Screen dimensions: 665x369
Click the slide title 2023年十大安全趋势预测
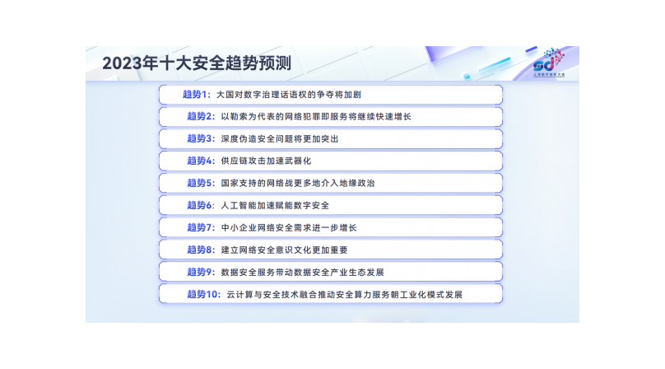[x=197, y=63]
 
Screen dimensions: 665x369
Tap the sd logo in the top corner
[x=549, y=62]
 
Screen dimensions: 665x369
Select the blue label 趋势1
[x=197, y=94]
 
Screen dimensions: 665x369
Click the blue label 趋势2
[x=201, y=116]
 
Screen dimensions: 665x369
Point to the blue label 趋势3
[x=201, y=138]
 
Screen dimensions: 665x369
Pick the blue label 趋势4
[x=201, y=161]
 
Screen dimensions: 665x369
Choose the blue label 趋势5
[x=201, y=183]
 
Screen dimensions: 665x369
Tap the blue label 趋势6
[x=201, y=205]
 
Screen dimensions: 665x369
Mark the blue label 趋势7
[x=201, y=227]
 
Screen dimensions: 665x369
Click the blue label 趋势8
[x=201, y=250]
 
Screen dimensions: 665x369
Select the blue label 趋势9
[x=201, y=272]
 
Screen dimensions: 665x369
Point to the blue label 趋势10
[x=204, y=294]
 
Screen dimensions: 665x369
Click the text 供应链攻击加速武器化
[x=266, y=161]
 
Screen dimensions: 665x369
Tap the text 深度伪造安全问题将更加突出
[x=280, y=139]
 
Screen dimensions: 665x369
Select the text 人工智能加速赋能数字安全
[x=275, y=206]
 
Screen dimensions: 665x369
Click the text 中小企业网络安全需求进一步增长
[x=289, y=227]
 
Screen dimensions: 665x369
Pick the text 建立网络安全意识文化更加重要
[x=284, y=250]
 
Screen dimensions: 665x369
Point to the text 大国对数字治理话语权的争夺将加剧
[x=288, y=95]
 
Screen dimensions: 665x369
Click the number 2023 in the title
[x=122, y=63]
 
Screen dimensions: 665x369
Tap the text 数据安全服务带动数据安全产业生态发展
[x=302, y=272]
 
